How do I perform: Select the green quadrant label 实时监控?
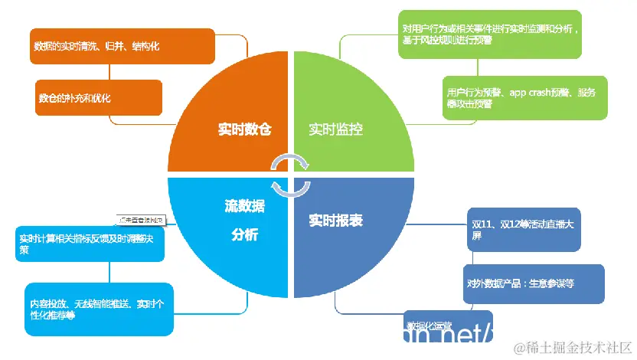pos(335,129)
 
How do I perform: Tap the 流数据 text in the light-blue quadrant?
pos(244,206)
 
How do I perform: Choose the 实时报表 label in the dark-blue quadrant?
pos(335,221)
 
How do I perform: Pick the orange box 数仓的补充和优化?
pos(99,97)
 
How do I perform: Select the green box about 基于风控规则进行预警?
pos(490,34)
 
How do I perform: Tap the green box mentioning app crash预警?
pos(524,97)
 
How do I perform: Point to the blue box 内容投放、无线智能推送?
pos(95,309)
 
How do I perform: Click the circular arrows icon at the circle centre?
pos(291,174)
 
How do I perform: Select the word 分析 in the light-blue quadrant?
pos(244,234)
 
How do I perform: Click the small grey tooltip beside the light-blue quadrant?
pos(141,221)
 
